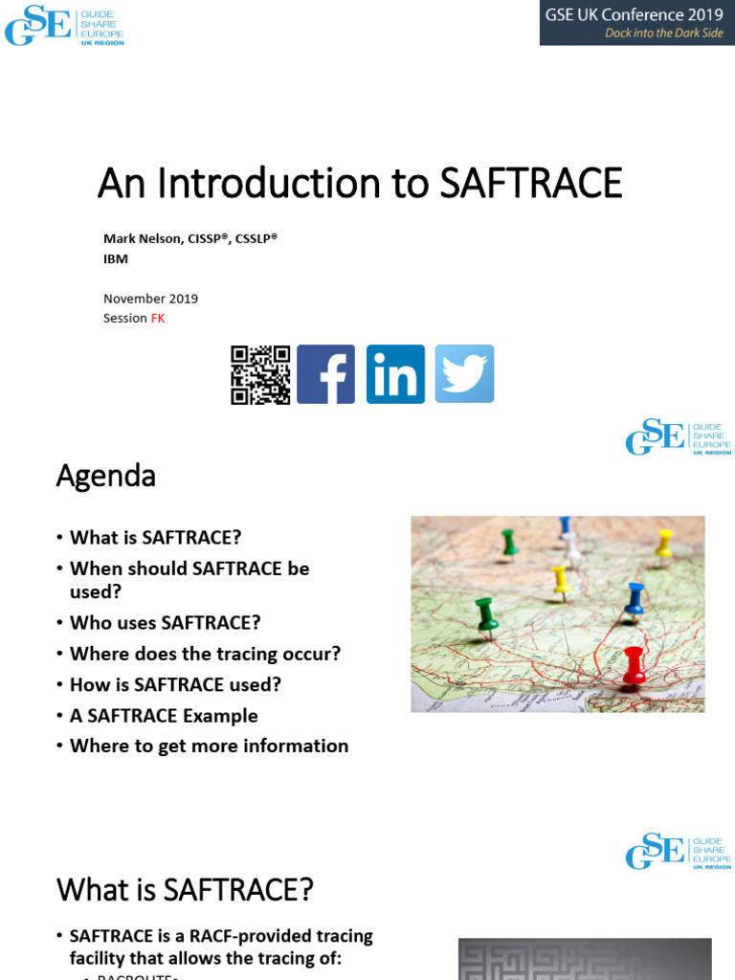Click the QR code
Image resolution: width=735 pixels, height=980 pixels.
pos(260,374)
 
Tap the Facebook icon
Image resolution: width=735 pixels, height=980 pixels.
pos(325,374)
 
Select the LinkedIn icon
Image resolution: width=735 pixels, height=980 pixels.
pos(395,374)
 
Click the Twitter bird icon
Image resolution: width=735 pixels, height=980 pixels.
pos(465,374)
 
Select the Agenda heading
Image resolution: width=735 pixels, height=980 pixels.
pos(105,475)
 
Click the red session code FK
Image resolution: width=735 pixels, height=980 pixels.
pos(158,318)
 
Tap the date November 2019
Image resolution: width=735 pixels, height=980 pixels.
pos(150,299)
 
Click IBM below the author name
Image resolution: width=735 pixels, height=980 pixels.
pos(116,258)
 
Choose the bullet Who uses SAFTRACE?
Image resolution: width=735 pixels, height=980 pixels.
pos(165,622)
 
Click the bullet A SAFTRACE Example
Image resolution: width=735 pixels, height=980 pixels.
pos(164,715)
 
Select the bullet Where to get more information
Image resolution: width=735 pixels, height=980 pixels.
pos(209,746)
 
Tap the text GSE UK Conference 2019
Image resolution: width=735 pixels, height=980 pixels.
pos(634,14)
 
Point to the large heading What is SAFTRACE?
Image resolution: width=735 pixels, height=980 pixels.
pos(185,890)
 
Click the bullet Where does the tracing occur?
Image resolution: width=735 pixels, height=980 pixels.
pos(205,654)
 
